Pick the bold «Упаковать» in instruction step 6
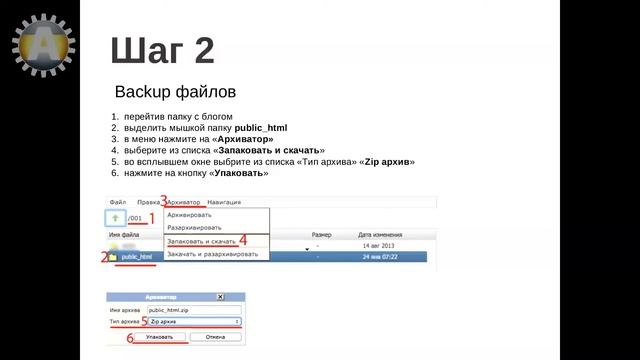238,172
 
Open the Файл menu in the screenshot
118,202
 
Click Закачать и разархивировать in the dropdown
212,254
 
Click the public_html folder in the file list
137,257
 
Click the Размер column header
321,234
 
